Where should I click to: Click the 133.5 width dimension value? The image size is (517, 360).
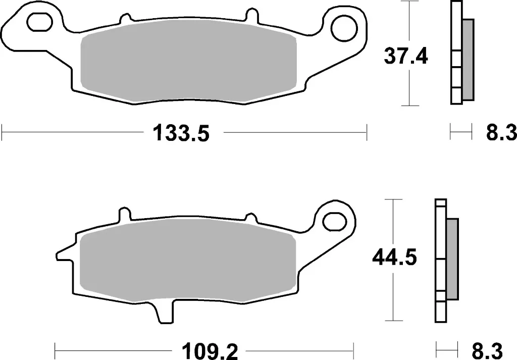point(180,134)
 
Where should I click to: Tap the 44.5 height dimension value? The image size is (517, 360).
point(394,258)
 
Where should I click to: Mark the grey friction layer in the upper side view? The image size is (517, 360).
point(468,59)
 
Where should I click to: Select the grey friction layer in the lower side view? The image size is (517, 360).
point(453,259)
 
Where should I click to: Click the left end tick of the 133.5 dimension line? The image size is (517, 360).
point(3,134)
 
